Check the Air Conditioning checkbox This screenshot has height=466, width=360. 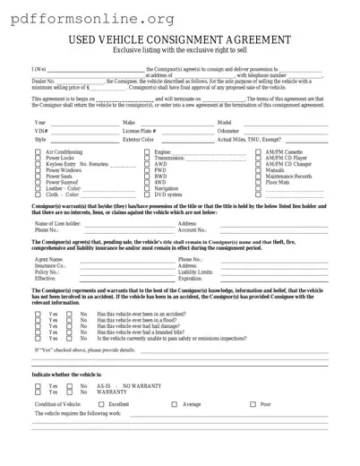pos(38,152)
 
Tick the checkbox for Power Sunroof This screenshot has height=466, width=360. pos(38,182)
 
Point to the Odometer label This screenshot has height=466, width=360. pos(228,131)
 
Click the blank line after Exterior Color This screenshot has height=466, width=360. pos(184,141)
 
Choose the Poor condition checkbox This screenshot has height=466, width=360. pos(252,404)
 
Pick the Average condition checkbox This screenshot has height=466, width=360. pos(174,404)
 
